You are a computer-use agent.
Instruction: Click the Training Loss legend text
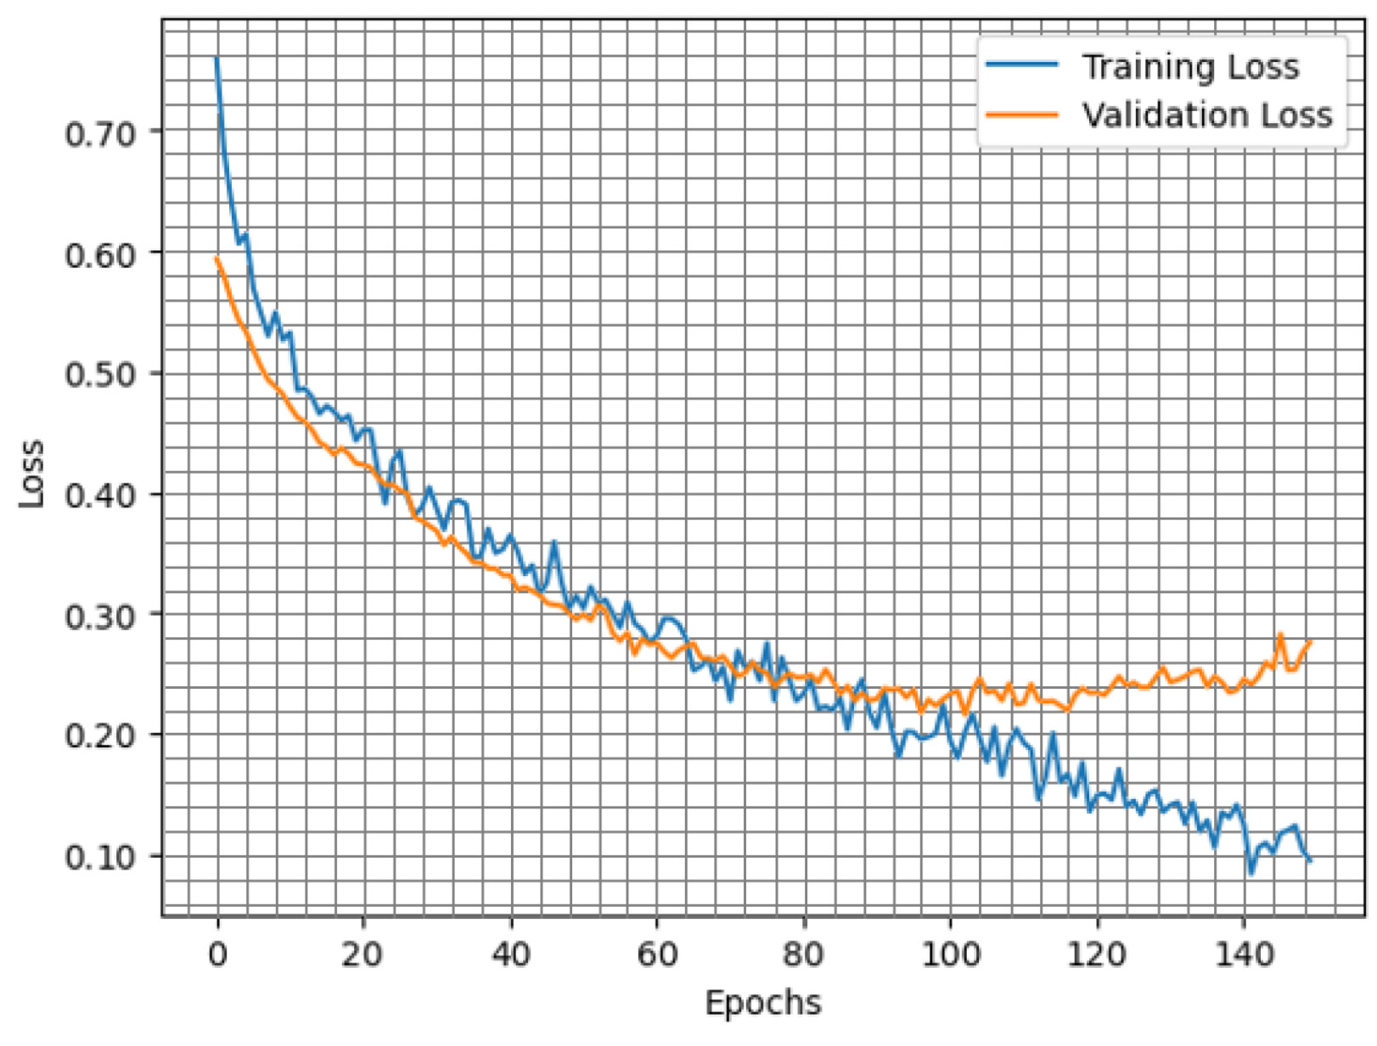coord(1189,67)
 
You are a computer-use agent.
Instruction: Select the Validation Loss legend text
coord(1206,115)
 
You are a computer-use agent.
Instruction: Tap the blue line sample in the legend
coord(1021,65)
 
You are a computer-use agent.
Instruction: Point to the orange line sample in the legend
coord(1021,115)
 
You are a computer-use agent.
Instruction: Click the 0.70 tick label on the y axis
coord(100,133)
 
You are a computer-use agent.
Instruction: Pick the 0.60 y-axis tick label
coord(100,255)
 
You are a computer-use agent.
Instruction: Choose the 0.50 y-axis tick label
coord(100,374)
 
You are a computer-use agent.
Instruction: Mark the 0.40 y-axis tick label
coord(100,495)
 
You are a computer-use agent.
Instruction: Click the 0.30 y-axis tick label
coord(100,616)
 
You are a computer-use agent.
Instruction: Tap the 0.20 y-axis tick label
coord(100,736)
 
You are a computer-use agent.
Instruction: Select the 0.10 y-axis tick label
coord(100,857)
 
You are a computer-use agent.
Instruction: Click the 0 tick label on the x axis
coord(217,954)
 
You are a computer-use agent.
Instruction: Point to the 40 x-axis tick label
coord(510,954)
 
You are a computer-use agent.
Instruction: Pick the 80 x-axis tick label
coord(803,954)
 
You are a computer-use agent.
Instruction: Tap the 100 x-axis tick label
coord(950,954)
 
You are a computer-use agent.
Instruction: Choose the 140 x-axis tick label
coord(1244,954)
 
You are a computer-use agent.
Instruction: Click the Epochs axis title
coord(763,1003)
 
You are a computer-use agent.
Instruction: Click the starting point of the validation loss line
coord(216,257)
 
